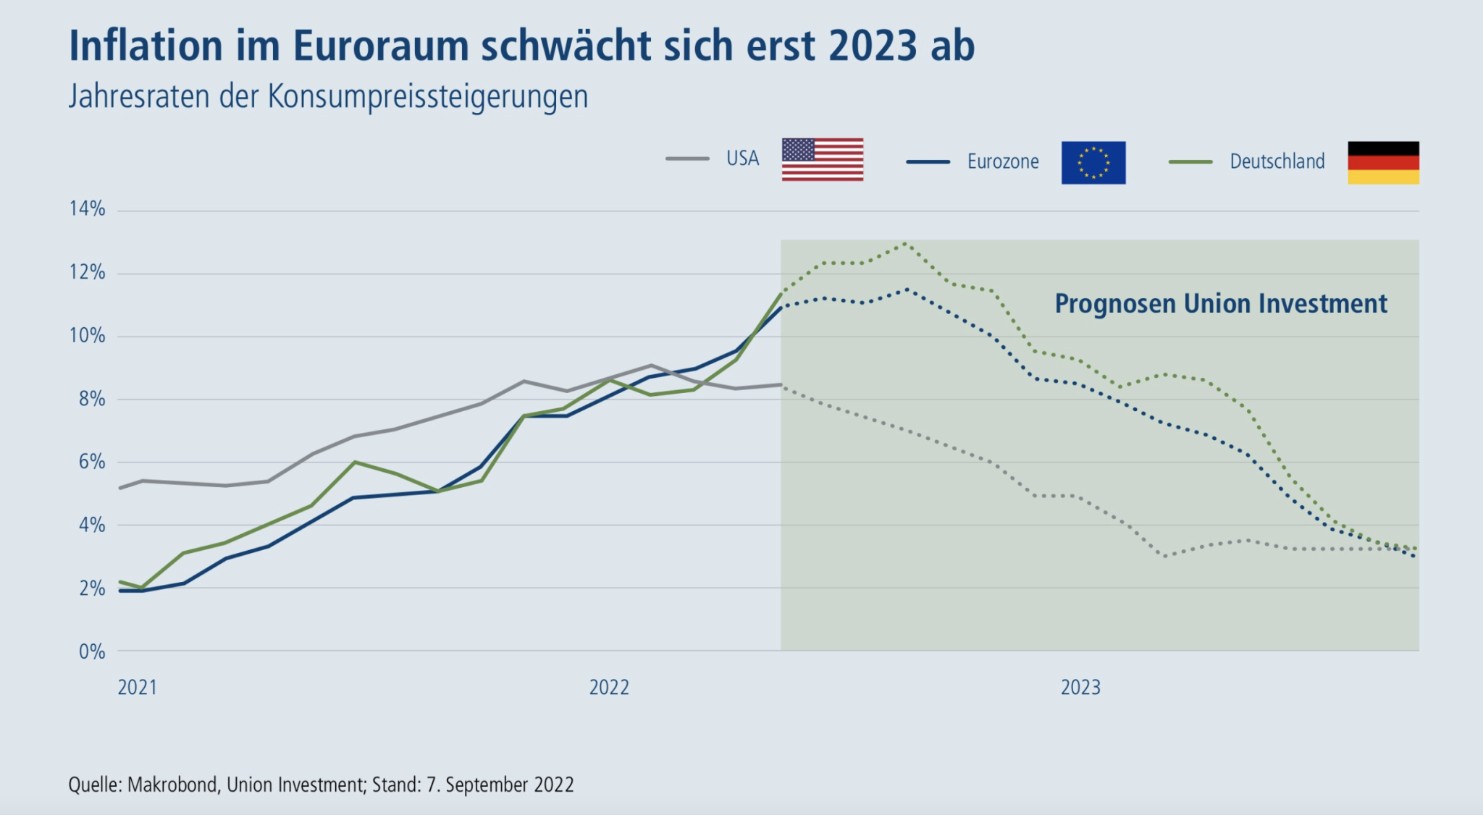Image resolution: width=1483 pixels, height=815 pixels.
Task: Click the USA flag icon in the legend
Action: (823, 159)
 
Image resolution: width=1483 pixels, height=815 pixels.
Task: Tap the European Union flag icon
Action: (1093, 163)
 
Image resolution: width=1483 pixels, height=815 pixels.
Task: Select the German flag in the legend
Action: (1383, 163)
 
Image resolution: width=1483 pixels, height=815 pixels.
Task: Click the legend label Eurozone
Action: (1003, 161)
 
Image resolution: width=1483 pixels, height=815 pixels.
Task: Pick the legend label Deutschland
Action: (1277, 161)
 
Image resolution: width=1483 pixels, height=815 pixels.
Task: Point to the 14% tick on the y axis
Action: (88, 209)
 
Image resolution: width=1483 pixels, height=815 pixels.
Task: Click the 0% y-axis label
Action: (92, 651)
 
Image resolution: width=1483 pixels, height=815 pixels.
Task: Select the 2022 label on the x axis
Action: (609, 687)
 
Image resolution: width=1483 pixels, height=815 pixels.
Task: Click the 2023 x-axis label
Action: (1080, 687)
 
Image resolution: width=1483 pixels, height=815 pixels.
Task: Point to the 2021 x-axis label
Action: (138, 687)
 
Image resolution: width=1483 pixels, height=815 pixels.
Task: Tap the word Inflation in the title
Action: (146, 46)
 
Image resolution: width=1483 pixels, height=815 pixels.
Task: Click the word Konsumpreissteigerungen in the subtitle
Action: (427, 96)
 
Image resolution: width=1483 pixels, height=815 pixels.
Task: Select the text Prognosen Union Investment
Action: (1221, 303)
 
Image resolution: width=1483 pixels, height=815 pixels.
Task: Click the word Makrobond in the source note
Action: (173, 785)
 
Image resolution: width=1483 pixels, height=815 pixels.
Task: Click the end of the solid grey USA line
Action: (781, 384)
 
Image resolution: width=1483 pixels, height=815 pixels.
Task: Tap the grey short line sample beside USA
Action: (687, 159)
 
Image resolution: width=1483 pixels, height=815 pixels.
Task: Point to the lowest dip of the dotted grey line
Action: (1164, 556)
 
